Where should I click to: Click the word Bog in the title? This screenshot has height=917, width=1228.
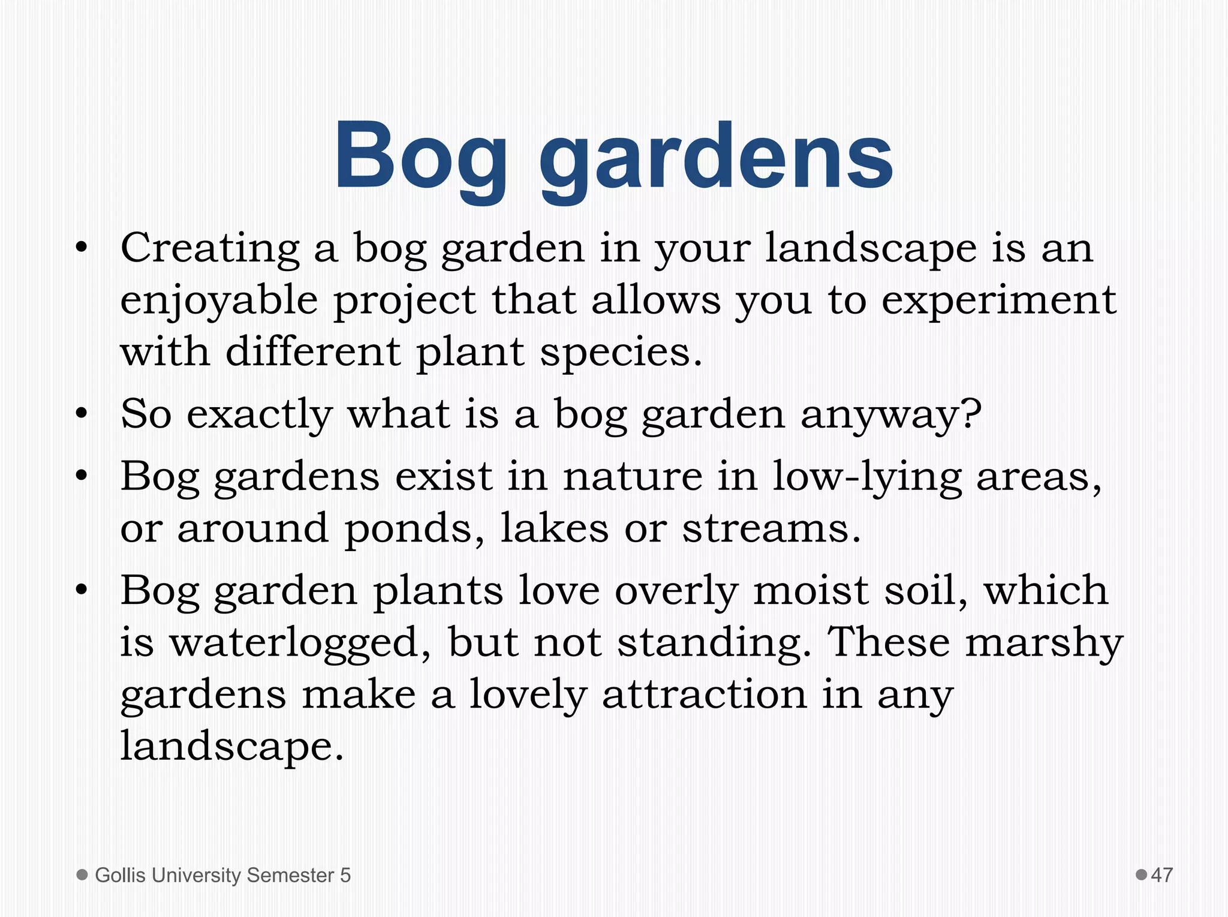(x=420, y=157)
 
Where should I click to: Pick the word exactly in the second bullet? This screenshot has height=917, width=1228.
(x=259, y=414)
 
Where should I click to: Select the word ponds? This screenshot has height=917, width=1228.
(x=414, y=529)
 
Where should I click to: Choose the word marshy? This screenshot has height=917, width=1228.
(x=1043, y=643)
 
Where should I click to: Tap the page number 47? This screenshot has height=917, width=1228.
(x=1161, y=875)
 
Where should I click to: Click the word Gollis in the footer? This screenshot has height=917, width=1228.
(x=120, y=876)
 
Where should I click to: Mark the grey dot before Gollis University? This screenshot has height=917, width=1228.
(x=83, y=874)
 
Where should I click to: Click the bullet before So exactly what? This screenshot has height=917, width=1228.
(x=82, y=414)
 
